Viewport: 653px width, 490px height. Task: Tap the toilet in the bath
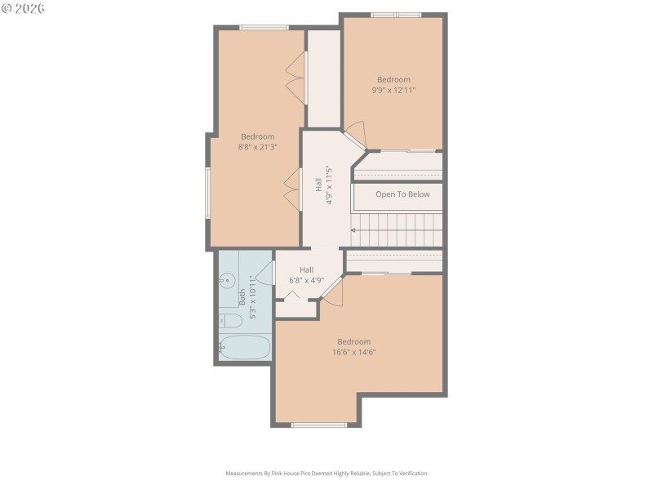click(x=230, y=320)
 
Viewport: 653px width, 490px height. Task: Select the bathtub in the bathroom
click(x=245, y=347)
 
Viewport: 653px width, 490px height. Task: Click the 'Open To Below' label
click(x=402, y=194)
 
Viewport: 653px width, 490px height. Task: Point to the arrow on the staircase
click(x=354, y=231)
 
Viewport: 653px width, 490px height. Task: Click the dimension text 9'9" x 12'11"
click(x=393, y=91)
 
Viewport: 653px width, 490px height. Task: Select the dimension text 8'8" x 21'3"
click(x=257, y=148)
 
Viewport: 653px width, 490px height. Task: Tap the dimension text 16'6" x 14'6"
click(x=353, y=353)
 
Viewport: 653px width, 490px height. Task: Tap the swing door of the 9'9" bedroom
click(x=353, y=133)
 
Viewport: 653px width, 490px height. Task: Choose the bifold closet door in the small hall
click(x=291, y=295)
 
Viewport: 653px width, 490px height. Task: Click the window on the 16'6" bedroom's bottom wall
click(x=319, y=425)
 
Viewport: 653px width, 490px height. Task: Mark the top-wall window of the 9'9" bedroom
click(x=396, y=15)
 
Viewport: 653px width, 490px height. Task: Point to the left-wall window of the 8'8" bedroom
click(x=207, y=193)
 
